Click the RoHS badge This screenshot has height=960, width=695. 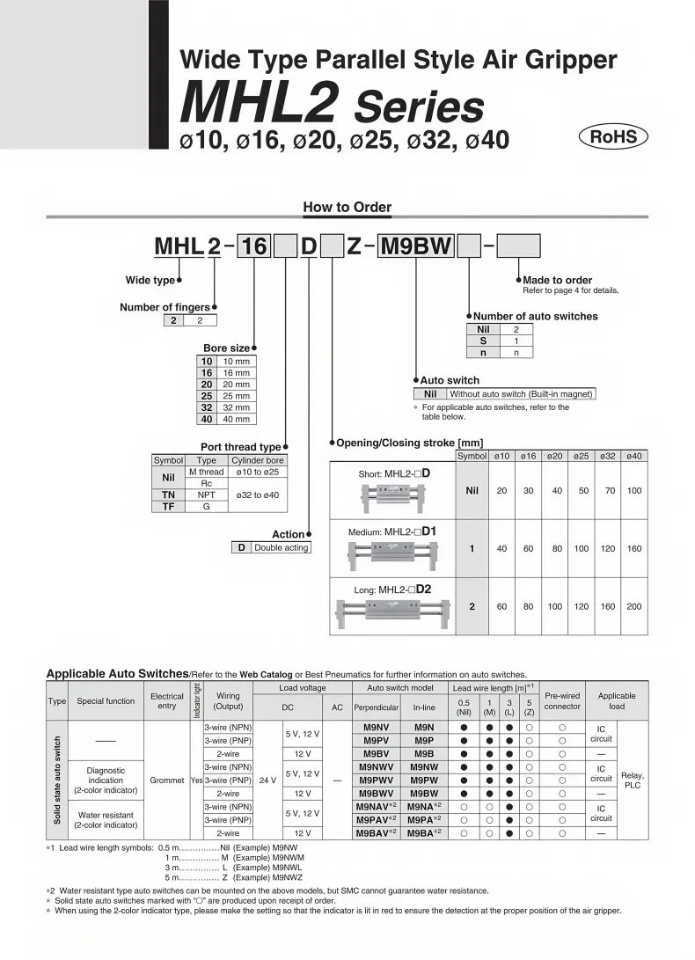click(612, 136)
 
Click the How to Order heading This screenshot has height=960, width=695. click(347, 208)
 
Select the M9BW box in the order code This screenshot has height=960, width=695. click(415, 247)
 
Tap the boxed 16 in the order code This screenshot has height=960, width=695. click(254, 247)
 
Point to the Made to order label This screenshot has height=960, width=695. click(558, 280)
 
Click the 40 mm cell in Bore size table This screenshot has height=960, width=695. click(235, 419)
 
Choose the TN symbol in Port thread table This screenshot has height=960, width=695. click(168, 495)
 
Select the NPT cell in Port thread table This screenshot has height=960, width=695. click(206, 495)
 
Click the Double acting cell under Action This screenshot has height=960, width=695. click(281, 547)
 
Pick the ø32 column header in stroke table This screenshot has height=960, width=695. click(607, 456)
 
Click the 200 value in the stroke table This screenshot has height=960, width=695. click(633, 606)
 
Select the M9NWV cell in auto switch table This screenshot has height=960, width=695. click(376, 766)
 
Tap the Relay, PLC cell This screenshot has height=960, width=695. click(632, 780)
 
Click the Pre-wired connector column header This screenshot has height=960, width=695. click(562, 700)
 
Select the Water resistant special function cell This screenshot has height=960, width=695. click(106, 819)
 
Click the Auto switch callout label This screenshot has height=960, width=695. click(450, 380)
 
